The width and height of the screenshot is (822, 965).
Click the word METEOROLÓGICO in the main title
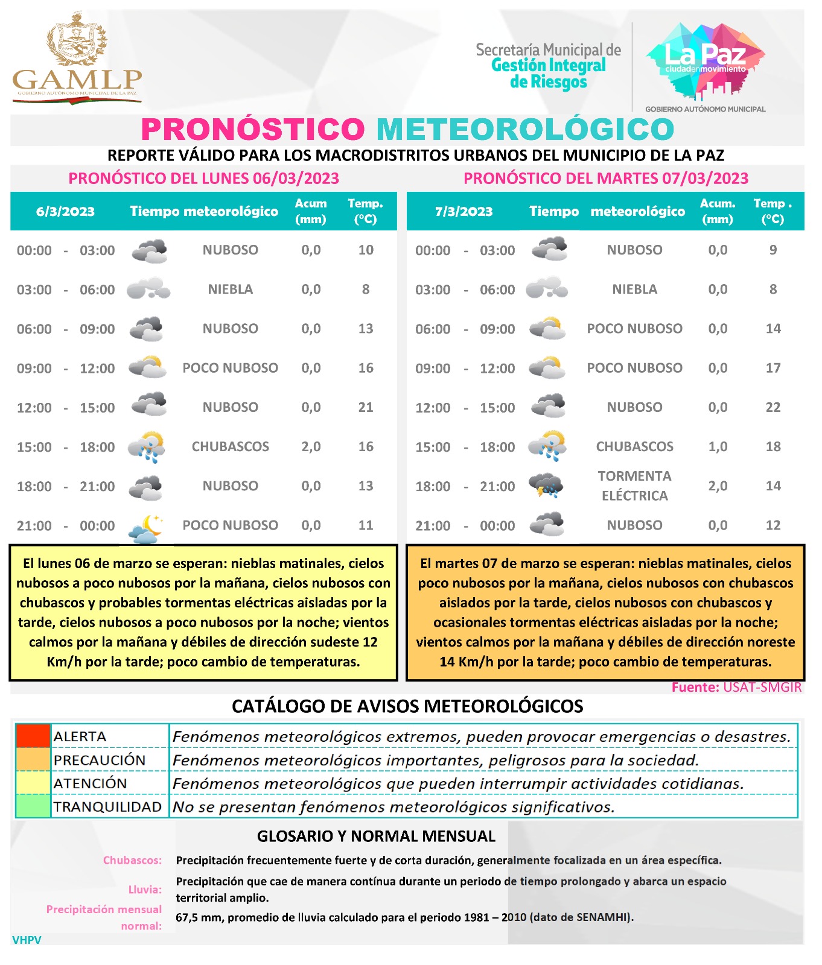(x=525, y=129)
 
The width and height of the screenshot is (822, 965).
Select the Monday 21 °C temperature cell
(x=366, y=407)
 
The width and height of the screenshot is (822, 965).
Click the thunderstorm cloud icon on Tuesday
(x=546, y=486)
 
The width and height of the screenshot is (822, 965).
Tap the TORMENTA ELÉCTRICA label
(x=634, y=486)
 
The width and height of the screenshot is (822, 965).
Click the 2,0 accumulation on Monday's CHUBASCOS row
(x=311, y=446)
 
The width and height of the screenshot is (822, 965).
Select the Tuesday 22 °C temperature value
(x=773, y=407)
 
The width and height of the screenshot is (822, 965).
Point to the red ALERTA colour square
(x=33, y=736)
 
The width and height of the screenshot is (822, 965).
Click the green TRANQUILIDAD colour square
(x=33, y=807)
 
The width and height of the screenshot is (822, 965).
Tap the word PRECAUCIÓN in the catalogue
(x=100, y=760)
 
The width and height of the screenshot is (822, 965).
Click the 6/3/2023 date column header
(x=65, y=212)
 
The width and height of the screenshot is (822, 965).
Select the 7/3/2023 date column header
(x=464, y=212)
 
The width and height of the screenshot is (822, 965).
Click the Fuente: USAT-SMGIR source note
(x=736, y=687)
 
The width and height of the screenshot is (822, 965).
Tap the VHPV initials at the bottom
(x=27, y=940)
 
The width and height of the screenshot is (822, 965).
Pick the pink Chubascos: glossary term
(x=132, y=860)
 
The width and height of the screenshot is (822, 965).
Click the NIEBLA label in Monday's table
(x=230, y=289)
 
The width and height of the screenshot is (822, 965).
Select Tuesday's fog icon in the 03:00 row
(x=547, y=289)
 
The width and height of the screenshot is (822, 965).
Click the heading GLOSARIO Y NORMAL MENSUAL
(x=376, y=836)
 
